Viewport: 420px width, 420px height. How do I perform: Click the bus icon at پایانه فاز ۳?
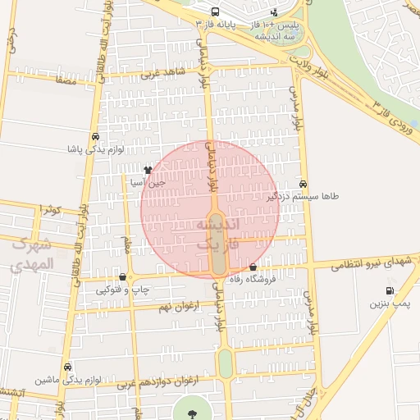point(215,12)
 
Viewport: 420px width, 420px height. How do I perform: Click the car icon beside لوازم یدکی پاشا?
point(96,137)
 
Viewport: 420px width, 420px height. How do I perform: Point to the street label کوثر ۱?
point(49,210)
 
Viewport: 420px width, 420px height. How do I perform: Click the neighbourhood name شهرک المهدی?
point(34,253)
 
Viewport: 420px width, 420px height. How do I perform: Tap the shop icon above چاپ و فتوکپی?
point(122,277)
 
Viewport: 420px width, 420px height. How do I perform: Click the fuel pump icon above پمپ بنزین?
point(388,290)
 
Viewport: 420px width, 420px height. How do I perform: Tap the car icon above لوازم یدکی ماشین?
point(67,367)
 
